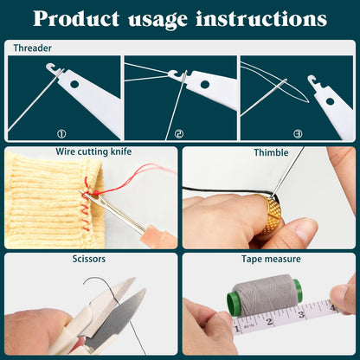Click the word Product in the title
pos(76,19)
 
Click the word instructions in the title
pos(261,19)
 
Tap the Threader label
pos(33,48)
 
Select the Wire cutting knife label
pos(93,151)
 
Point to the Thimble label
pos(271,152)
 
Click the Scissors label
pos(89,259)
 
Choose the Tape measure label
pos(271,259)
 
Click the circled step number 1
pos(61,134)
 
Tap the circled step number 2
pos(179,134)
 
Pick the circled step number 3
pos(298,134)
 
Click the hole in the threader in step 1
pos(74,84)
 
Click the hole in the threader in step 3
pos(330,101)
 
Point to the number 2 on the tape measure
pos(269,321)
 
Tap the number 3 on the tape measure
pos(301,314)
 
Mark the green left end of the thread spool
pos(234,304)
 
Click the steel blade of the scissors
pos(117,320)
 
